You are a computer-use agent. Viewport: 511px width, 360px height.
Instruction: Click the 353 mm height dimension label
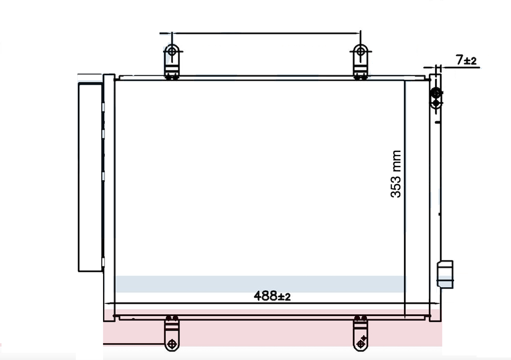pos(396,174)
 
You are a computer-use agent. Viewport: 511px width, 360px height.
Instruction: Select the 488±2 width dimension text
pos(272,296)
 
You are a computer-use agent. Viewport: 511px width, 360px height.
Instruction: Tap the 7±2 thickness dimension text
pos(466,60)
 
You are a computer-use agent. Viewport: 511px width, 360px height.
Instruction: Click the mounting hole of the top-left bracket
pos(172,51)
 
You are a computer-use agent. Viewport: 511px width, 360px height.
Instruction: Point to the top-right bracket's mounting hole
pos(360,51)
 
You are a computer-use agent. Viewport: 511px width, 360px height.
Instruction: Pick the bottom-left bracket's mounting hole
pos(172,343)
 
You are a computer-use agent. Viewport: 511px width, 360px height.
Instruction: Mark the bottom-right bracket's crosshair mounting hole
pos(360,342)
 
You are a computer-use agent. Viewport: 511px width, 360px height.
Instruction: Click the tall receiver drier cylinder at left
pos(90,177)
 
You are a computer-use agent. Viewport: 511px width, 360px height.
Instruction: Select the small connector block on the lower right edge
pos(445,274)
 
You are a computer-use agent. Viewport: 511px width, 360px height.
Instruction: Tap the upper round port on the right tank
pos(436,93)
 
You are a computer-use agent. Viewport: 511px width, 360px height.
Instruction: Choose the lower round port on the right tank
pos(436,103)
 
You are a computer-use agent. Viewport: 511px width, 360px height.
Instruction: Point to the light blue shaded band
pos(260,284)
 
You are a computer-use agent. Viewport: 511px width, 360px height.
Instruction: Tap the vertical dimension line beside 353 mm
pos(405,198)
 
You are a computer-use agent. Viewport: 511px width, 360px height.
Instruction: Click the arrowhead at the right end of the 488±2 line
pos(426,303)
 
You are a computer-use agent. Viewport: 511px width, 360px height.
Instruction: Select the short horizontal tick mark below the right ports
pos(436,121)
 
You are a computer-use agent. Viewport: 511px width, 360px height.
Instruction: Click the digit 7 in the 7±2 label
pos(459,60)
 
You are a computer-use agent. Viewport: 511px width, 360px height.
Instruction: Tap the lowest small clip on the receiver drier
pos(103,261)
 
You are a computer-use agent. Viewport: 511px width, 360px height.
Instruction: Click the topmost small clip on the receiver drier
pos(103,107)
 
